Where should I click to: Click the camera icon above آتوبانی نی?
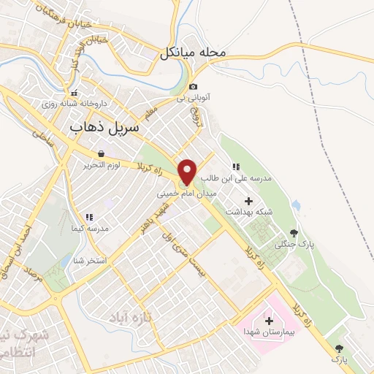tap(194, 85)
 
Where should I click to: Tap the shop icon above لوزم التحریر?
tap(100, 153)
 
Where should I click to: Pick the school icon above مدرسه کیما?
tap(89, 217)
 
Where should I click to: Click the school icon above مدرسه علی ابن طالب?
tap(235, 167)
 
